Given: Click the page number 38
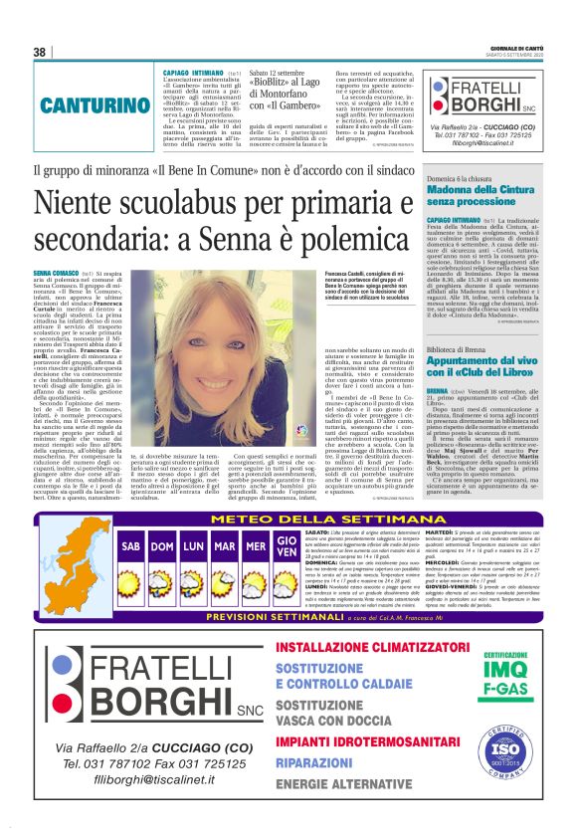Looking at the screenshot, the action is click(40, 52).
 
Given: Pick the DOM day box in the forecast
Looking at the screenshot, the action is click(162, 546).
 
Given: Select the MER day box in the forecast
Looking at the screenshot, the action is click(256, 546).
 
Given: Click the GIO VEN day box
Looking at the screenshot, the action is click(287, 547).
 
